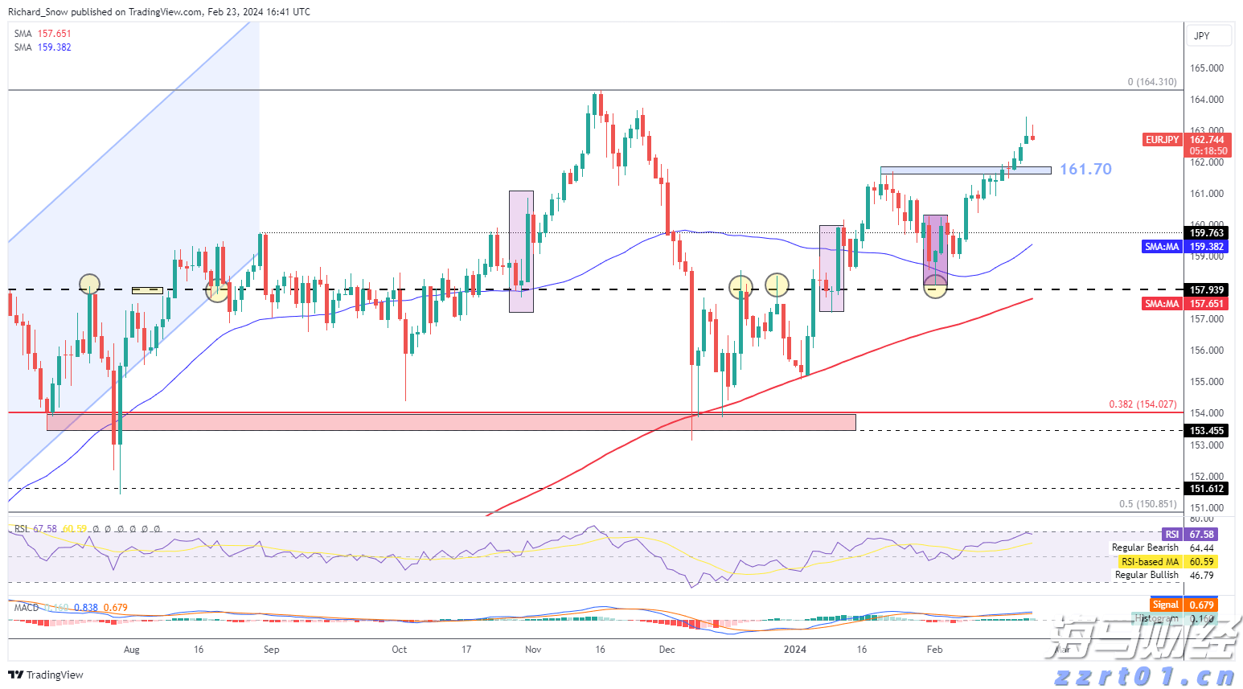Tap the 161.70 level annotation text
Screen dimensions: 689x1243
pyautogui.click(x=1085, y=169)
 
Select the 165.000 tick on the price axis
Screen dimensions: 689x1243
pyautogui.click(x=1207, y=68)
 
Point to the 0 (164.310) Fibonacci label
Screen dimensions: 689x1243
pyautogui.click(x=1151, y=82)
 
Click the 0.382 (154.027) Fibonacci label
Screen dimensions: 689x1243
pyautogui.click(x=1142, y=404)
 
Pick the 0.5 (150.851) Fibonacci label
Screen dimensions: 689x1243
pyautogui.click(x=1147, y=504)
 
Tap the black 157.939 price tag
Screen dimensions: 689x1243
pyautogui.click(x=1207, y=290)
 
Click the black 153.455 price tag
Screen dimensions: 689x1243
pyautogui.click(x=1207, y=431)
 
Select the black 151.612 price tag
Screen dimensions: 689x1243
pyautogui.click(x=1207, y=489)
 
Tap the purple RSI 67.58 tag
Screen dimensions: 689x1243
pyautogui.click(x=1190, y=535)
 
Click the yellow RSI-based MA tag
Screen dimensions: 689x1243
pyautogui.click(x=1167, y=562)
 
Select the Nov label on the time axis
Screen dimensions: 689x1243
pyautogui.click(x=533, y=650)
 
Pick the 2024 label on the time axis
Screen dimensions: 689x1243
pyautogui.click(x=795, y=650)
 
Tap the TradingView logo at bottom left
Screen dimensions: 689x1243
pyautogui.click(x=46, y=675)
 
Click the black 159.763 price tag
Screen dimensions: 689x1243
pyautogui.click(x=1207, y=233)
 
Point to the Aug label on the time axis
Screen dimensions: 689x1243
pyautogui.click(x=132, y=650)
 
